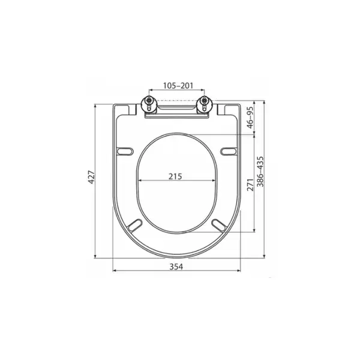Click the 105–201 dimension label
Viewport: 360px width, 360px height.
coord(178,85)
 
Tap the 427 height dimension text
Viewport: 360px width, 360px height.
coord(91,177)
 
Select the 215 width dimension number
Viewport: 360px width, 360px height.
coord(175,176)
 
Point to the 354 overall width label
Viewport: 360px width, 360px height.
coord(176,266)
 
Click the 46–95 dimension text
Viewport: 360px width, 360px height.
coord(250,118)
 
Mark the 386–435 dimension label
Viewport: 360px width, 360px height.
coord(260,172)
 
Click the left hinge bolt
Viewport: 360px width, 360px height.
coord(149,104)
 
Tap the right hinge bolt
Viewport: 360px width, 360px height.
coord(204,104)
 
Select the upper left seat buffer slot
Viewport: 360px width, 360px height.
coord(125,151)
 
